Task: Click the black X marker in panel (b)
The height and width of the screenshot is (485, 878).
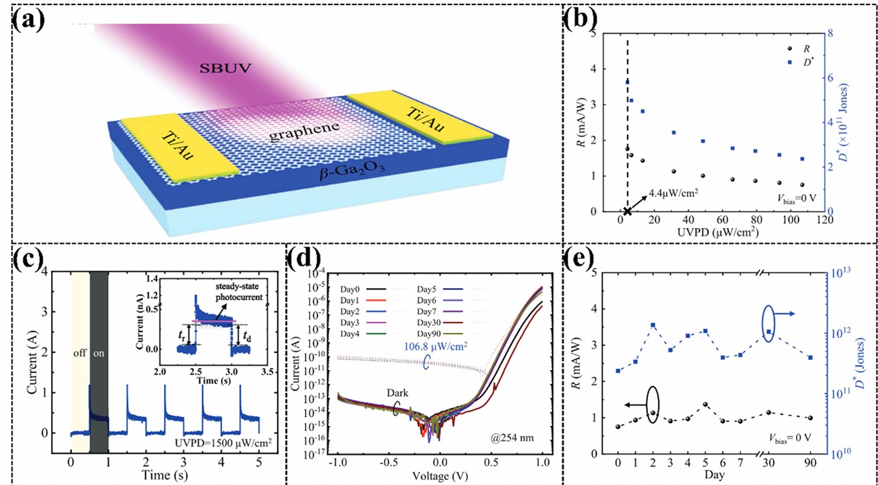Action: click(x=628, y=212)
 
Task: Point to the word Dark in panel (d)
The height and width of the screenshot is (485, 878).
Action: click(x=396, y=393)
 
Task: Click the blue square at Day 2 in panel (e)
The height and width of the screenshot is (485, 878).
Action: click(x=652, y=326)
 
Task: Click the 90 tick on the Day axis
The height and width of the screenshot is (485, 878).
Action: click(x=809, y=462)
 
